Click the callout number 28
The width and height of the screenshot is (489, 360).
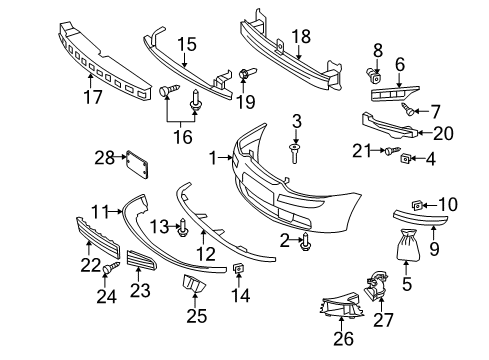click(x=104, y=157)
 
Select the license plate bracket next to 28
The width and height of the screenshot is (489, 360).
click(x=137, y=164)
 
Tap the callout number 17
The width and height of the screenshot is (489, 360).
click(x=92, y=97)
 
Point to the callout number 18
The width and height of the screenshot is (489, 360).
click(x=301, y=36)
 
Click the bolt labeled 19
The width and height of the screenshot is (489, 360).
click(x=247, y=73)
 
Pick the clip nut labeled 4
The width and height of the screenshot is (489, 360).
click(x=405, y=158)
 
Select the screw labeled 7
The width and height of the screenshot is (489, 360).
click(x=408, y=109)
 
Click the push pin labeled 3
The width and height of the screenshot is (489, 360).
click(x=295, y=152)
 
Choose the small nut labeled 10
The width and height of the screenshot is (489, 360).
click(x=417, y=206)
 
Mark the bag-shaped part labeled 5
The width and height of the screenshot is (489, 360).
click(x=408, y=245)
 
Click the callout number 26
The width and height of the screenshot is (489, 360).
click(x=344, y=338)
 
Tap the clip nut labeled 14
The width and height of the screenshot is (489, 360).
click(x=238, y=267)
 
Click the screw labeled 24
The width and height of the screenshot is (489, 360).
click(x=111, y=267)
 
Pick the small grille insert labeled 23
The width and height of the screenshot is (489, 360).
click(x=141, y=260)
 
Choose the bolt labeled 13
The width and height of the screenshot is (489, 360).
click(x=183, y=227)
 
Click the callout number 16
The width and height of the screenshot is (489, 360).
click(x=183, y=137)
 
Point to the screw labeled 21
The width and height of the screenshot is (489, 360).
click(x=393, y=150)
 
